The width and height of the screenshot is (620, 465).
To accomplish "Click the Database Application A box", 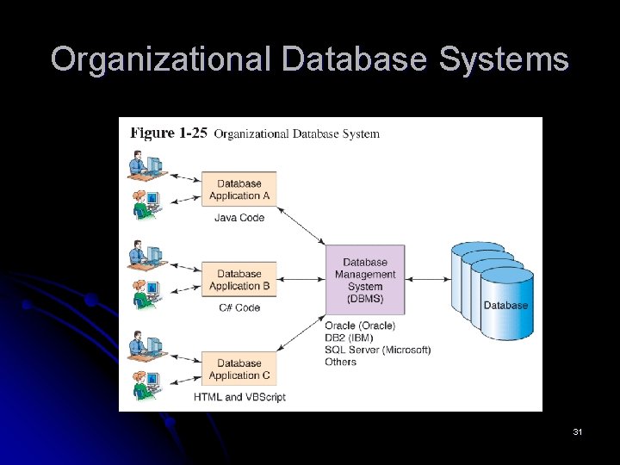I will pyautogui.click(x=239, y=189).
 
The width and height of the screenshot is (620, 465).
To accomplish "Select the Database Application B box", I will pyautogui.click(x=239, y=280).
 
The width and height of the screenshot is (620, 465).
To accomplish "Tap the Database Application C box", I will pyautogui.click(x=239, y=369).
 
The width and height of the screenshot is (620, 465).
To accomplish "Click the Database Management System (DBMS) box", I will pyautogui.click(x=365, y=280).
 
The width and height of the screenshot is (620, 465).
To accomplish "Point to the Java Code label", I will pyautogui.click(x=239, y=218).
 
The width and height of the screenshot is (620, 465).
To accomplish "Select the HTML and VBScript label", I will pyautogui.click(x=239, y=397).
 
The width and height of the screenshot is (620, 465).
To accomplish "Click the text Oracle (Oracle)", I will pyautogui.click(x=360, y=325).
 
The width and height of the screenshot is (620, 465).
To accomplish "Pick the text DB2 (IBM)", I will pyautogui.click(x=350, y=338).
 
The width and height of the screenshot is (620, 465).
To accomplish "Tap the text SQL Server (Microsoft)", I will pyautogui.click(x=377, y=350).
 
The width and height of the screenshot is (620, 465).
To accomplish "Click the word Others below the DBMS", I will pyautogui.click(x=341, y=362).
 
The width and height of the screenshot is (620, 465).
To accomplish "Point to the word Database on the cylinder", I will pyautogui.click(x=505, y=306).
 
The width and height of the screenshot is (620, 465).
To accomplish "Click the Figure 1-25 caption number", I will pyautogui.click(x=169, y=133).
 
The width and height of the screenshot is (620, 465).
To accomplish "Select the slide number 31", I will pyautogui.click(x=577, y=431).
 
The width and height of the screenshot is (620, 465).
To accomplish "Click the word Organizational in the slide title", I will pyautogui.click(x=160, y=60).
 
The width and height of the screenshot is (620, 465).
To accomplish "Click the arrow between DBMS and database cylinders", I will pyautogui.click(x=428, y=279).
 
